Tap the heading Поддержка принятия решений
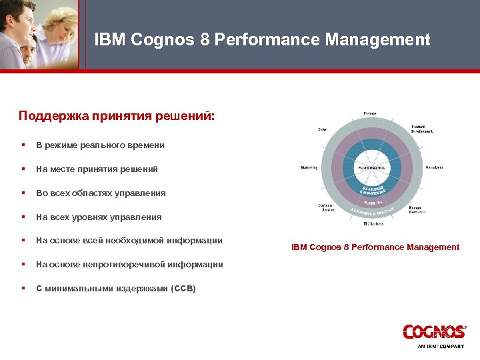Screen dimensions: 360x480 117,116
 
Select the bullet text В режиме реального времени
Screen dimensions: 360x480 100,145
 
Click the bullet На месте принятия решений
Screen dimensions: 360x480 97,169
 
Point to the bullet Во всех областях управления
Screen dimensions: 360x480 101,193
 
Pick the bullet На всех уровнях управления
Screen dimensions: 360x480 99,217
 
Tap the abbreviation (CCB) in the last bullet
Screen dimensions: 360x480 183,289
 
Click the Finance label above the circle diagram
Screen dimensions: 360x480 369,113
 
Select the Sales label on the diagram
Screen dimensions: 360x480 322,129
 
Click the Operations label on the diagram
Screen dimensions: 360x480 434,167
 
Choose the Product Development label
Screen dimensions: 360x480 421,129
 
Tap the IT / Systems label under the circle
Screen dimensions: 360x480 373,223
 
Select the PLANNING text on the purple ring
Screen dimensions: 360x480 373,202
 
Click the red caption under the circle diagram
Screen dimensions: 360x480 375,247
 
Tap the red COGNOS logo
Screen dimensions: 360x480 434,332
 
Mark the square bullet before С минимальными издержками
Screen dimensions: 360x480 23,289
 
